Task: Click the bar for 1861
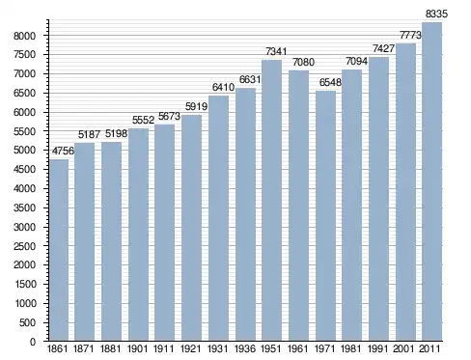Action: coord(59,250)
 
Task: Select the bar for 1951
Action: coord(271,201)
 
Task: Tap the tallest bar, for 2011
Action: coord(431,181)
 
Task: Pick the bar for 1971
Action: coord(325,215)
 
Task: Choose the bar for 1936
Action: coord(245,214)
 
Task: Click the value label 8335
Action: coord(436,14)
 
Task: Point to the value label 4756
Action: coord(63,151)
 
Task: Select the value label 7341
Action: coord(276,51)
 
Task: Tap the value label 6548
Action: coord(330,82)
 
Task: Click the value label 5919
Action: coord(196,106)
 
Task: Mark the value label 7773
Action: coord(410,35)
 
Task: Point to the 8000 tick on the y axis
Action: coord(24,36)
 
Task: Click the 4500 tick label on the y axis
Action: coord(24,170)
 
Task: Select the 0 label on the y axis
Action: coord(33,342)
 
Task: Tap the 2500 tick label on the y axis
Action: coord(24,246)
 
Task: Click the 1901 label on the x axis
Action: coord(137,348)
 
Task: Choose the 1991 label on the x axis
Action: coord(378,348)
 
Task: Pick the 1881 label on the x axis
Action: coord(110,348)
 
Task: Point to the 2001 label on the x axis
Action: coord(403,348)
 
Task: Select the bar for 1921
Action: coord(191,228)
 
